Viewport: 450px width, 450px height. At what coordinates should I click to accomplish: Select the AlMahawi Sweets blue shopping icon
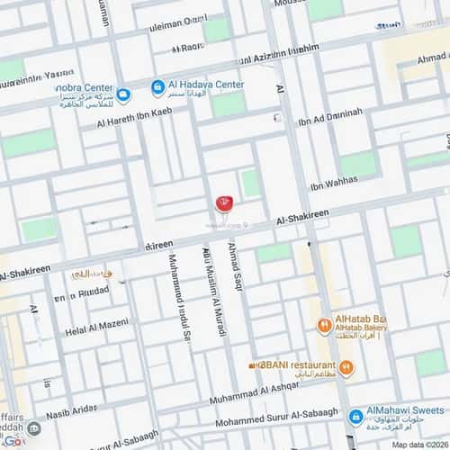click(x=356, y=417)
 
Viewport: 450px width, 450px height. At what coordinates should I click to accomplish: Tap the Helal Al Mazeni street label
click(x=96, y=332)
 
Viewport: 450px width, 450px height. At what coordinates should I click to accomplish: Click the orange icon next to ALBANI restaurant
click(x=347, y=366)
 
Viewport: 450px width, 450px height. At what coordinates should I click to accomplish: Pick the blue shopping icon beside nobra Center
click(x=123, y=94)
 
